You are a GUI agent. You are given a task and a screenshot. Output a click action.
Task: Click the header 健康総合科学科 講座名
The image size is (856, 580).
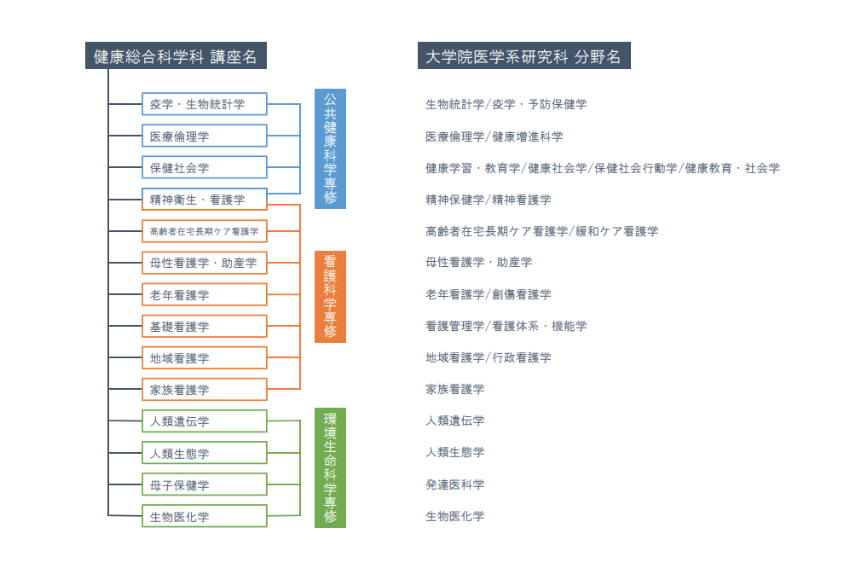coord(176,55)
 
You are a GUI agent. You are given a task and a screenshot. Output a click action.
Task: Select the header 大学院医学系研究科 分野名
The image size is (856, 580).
coord(524,55)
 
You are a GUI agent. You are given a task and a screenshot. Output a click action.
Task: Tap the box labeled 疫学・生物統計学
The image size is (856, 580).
coord(205,104)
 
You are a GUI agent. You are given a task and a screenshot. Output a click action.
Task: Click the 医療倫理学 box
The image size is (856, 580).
coord(205,136)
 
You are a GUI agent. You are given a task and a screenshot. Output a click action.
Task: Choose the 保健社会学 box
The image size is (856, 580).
coord(205,168)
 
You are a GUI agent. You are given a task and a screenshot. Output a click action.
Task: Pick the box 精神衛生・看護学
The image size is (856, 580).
coord(205,200)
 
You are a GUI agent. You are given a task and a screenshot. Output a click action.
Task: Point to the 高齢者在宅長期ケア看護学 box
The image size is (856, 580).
coord(205,231)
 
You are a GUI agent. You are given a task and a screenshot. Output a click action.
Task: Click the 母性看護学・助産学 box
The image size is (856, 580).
coord(205,263)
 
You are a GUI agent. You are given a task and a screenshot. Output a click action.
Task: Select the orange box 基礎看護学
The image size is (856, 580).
coord(205,326)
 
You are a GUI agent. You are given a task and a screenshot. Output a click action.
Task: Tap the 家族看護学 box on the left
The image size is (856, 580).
coord(205,390)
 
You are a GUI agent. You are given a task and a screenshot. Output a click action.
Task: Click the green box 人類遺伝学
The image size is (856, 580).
coord(205,421)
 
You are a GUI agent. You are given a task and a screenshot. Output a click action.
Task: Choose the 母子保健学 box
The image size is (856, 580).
coord(205,484)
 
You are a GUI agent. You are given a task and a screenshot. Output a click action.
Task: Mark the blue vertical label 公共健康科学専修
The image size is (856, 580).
coord(330,148)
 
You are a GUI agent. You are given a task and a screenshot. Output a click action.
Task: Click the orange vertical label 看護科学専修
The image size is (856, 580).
coord(330,297)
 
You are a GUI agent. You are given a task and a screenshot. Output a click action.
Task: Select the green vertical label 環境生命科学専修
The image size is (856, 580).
coord(330,468)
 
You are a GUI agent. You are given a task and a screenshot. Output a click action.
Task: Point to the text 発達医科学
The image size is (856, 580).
coord(454,484)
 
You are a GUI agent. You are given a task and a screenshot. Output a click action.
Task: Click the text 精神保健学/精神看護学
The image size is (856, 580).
coord(488,200)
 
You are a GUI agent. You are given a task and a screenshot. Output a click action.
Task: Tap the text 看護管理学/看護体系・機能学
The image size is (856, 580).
coord(506,326)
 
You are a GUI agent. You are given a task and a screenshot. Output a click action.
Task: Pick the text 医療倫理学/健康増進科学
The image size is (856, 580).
coord(494,136)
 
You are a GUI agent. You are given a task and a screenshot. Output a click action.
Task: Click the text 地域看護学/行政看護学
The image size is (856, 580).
coord(488,357)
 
